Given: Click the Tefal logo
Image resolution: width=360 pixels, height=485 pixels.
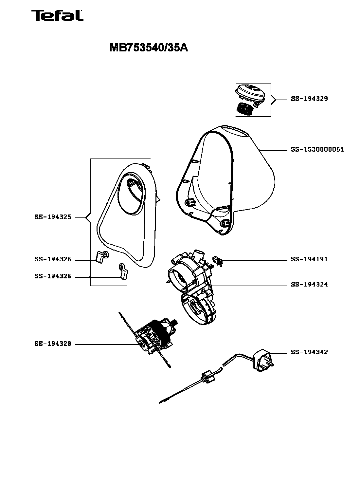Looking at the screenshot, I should [x=57, y=16].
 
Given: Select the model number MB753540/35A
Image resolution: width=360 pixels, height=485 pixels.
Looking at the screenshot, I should [x=148, y=48].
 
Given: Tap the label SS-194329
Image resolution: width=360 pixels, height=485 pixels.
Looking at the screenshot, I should [x=309, y=99].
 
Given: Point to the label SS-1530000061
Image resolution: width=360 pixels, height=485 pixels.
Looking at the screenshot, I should [x=317, y=150].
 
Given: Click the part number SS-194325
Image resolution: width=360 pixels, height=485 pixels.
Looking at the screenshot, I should [x=53, y=217].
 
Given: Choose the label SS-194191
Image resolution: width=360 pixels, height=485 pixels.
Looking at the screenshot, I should [x=309, y=259].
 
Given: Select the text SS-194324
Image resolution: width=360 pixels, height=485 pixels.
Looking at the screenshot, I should [x=309, y=285].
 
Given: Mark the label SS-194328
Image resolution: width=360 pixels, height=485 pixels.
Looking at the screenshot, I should [x=53, y=344].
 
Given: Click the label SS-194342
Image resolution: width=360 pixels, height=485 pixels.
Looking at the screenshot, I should [x=309, y=352].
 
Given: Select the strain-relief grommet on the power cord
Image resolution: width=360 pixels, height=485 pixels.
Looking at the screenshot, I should [x=207, y=377].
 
